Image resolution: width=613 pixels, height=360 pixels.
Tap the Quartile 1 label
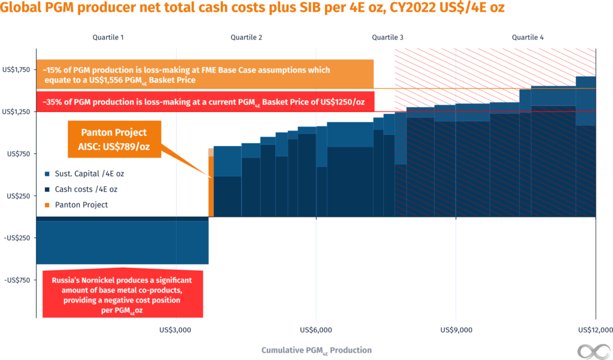(x=108, y=37)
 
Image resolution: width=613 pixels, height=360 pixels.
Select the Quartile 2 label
(x=247, y=37)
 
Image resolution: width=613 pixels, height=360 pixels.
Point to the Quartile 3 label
(x=387, y=37)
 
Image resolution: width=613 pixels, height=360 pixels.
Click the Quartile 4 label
(x=527, y=37)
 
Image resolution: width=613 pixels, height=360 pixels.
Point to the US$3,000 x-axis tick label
(x=175, y=329)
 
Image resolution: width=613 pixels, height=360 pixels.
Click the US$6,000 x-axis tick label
(x=316, y=329)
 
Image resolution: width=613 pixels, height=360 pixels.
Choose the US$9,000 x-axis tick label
(x=456, y=329)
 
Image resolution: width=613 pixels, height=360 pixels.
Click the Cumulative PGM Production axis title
(x=316, y=350)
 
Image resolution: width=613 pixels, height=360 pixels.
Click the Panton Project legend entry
(x=77, y=205)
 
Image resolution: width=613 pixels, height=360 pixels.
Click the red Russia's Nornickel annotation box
(x=123, y=294)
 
